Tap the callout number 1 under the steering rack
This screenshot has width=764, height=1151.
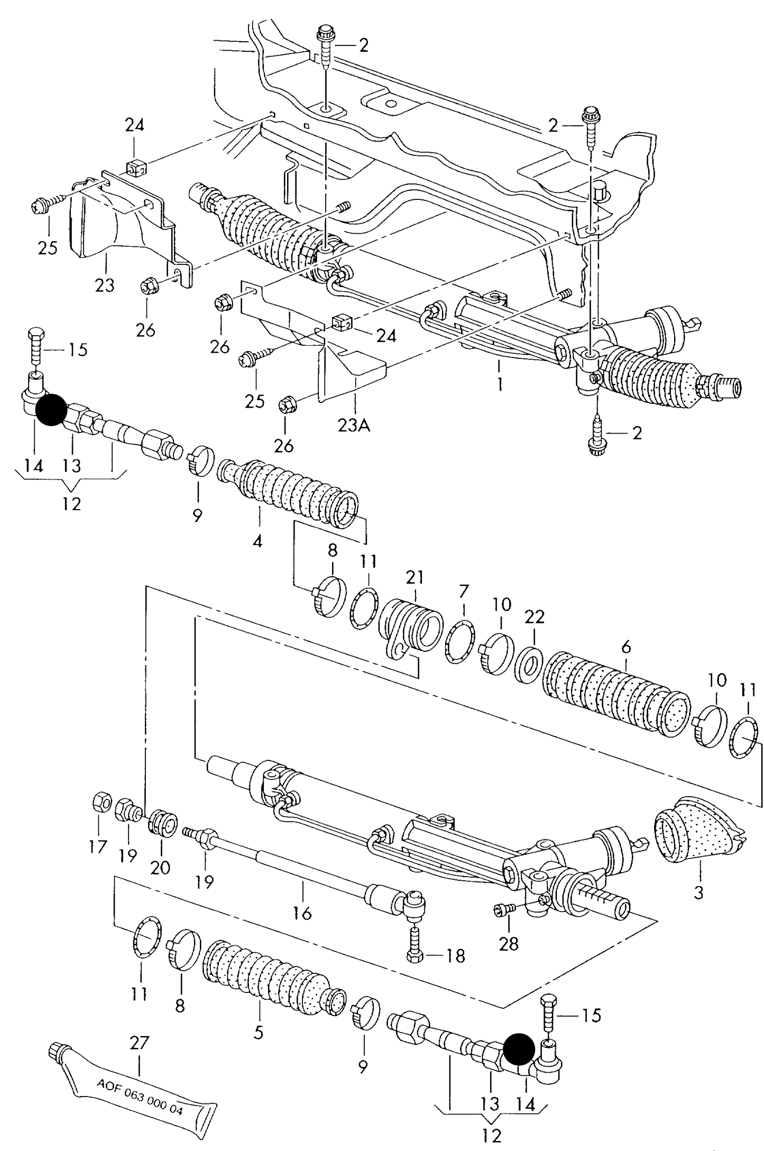499,382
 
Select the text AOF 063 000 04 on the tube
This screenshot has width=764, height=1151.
139,1104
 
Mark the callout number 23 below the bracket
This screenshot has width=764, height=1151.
105,286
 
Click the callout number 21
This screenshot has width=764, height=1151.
415,577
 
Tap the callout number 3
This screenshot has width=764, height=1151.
698,893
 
